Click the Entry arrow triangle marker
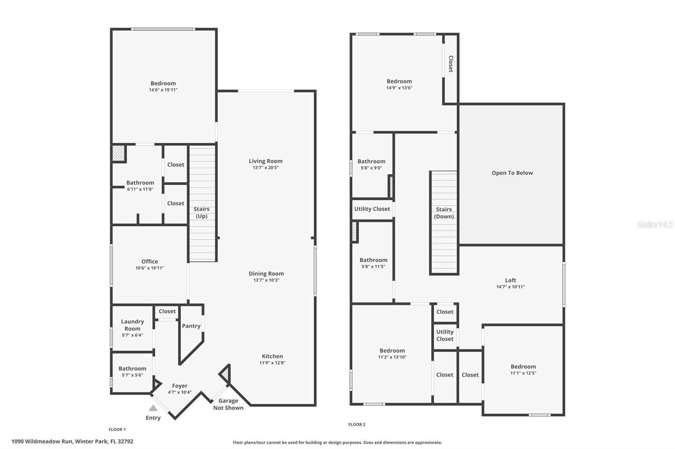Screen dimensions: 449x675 [153, 408]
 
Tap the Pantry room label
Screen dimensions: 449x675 [191, 326]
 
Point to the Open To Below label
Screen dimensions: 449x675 [512, 173]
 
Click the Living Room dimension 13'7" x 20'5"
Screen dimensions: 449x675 [266, 168]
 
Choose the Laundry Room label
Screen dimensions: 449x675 [132, 325]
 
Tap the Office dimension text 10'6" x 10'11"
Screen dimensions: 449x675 [150, 268]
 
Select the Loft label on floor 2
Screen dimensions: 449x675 [510, 280]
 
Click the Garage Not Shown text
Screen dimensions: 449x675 [228, 404]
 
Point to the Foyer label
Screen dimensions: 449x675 [180, 386]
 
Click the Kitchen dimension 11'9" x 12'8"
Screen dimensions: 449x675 [272, 363]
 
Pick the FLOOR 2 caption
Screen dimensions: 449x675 [357, 425]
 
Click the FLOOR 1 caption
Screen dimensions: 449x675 [117, 430]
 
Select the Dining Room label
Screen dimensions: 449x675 [266, 274]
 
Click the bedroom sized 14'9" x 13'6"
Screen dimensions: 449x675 [399, 84]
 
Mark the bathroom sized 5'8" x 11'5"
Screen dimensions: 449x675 [373, 263]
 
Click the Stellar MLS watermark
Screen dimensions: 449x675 [655, 224]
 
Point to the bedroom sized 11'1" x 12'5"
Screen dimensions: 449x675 [523, 369]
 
